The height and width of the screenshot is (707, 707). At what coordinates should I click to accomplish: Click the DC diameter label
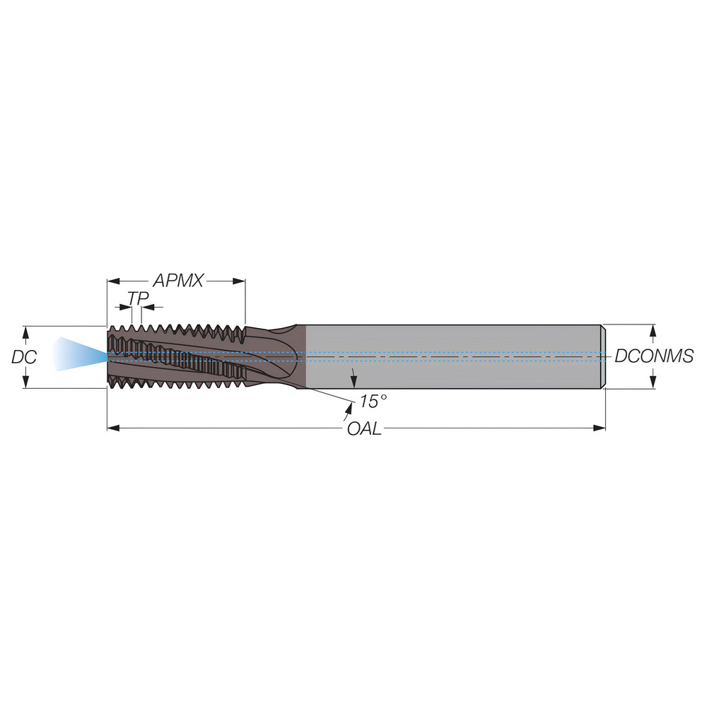(23, 357)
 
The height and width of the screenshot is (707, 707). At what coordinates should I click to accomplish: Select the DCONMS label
(653, 356)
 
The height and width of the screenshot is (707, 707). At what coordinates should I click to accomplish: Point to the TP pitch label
(138, 299)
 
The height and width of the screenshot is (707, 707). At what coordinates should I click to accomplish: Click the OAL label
(364, 428)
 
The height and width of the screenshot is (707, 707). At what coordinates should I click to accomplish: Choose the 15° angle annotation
(373, 402)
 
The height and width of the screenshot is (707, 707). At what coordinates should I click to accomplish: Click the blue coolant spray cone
(77, 353)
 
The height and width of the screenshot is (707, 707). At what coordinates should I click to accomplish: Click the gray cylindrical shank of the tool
(452, 356)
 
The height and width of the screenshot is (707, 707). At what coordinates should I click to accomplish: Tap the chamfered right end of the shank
(603, 356)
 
